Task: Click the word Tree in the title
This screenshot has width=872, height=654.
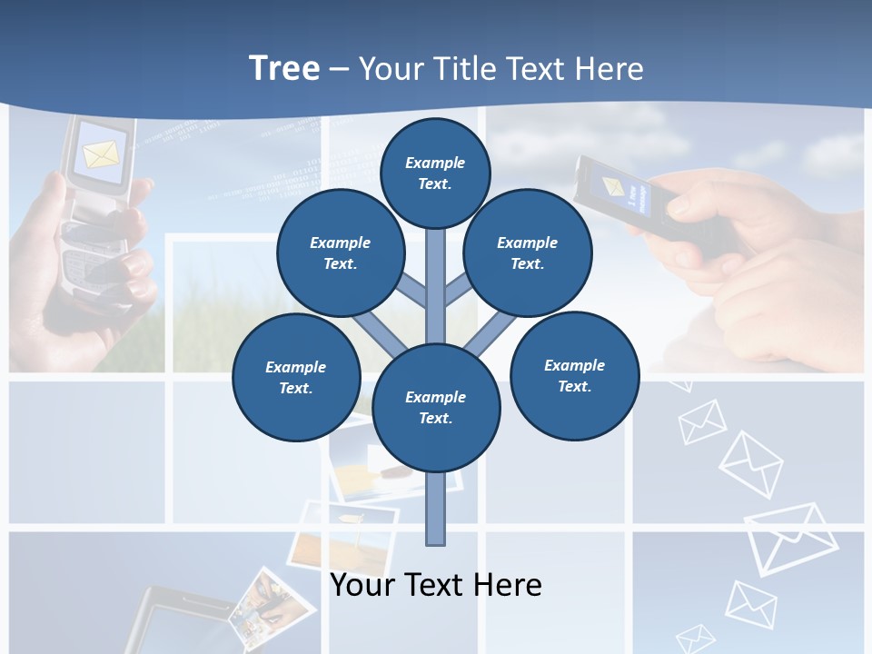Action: [x=284, y=68]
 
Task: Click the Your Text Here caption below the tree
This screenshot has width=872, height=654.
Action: [x=435, y=585]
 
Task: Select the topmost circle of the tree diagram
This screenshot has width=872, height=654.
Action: [x=435, y=173]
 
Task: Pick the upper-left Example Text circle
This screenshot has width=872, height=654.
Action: [x=340, y=253]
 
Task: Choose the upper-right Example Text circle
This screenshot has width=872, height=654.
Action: [x=528, y=253]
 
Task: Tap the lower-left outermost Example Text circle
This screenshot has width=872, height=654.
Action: [x=296, y=377]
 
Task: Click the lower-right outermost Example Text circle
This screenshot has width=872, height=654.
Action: [x=575, y=375]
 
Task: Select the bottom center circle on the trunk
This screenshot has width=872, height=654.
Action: [x=436, y=407]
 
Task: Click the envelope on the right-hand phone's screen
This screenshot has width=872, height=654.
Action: [x=613, y=187]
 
